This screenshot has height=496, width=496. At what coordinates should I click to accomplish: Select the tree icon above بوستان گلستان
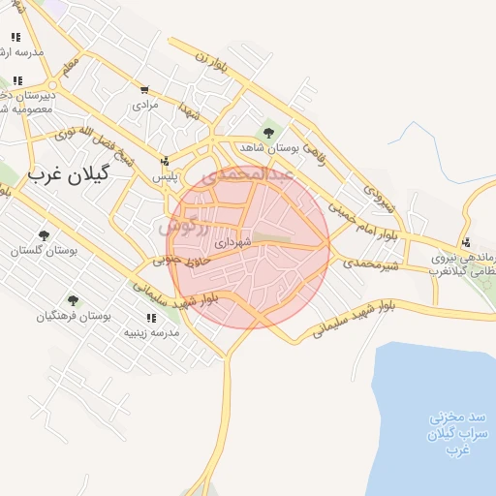(43, 235)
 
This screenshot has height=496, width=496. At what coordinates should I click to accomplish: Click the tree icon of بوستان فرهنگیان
(73, 300)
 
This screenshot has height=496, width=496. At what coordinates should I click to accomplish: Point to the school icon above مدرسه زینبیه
(150, 318)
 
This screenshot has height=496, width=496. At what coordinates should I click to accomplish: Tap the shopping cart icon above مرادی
(144, 89)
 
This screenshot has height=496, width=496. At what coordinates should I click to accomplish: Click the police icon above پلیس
(165, 162)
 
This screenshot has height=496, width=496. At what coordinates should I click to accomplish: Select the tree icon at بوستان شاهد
(268, 133)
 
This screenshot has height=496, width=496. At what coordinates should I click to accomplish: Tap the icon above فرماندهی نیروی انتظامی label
(466, 242)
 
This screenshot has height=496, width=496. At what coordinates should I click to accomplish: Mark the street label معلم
(68, 69)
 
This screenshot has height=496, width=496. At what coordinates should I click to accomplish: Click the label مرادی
(144, 103)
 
